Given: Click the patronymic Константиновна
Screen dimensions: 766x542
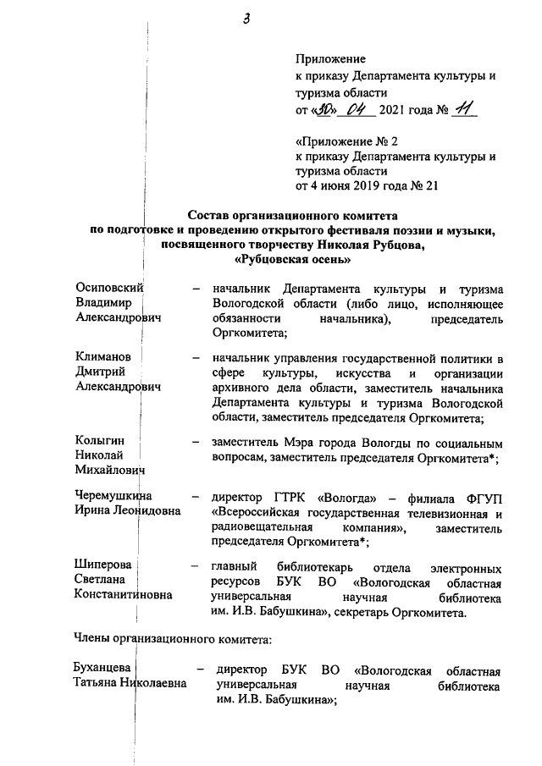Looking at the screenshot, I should coord(124,595).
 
